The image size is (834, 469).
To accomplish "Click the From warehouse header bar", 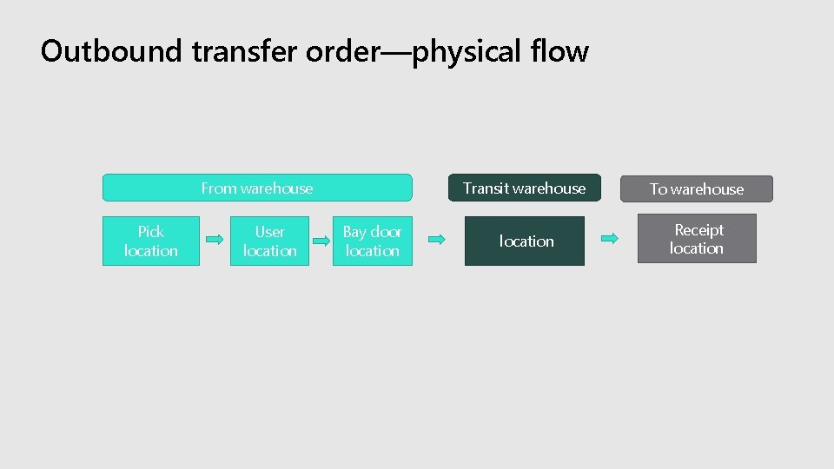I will (x=257, y=188).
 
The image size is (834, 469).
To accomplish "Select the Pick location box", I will (x=151, y=241).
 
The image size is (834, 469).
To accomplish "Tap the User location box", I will (x=269, y=241).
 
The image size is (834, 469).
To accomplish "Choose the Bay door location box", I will (x=373, y=241).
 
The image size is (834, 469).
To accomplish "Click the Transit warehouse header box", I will (x=524, y=188).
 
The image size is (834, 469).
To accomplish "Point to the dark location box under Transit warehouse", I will (x=525, y=241).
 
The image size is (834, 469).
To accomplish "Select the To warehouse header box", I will (x=697, y=188).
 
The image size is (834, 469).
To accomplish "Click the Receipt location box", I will (x=697, y=239).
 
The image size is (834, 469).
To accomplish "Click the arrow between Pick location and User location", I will (x=215, y=239).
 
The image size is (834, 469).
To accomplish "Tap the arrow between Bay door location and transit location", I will (x=439, y=239).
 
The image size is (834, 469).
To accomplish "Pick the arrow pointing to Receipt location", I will (x=611, y=238).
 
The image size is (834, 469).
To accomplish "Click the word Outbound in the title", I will (x=112, y=51).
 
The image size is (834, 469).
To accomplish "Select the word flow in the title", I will (x=560, y=51).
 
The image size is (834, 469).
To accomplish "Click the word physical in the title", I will (x=469, y=53).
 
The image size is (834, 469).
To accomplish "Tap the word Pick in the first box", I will (x=151, y=231).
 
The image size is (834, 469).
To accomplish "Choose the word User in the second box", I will (x=269, y=231).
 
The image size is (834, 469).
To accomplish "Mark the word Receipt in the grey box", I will (x=698, y=229).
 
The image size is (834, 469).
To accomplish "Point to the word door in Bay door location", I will (x=386, y=231).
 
